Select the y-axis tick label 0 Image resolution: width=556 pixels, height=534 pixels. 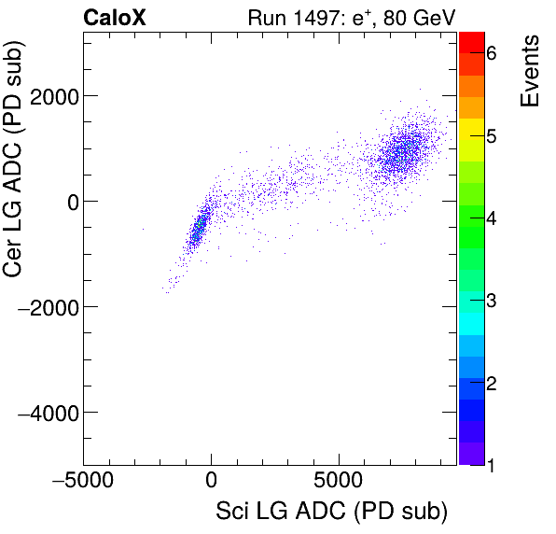click(x=67, y=202)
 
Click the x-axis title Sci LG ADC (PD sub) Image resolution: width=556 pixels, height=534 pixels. click(x=331, y=512)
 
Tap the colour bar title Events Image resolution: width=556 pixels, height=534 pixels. click(x=530, y=71)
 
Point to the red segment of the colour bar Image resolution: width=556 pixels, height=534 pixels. click(x=472, y=41)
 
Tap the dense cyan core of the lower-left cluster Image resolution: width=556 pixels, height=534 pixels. click(x=197, y=230)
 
